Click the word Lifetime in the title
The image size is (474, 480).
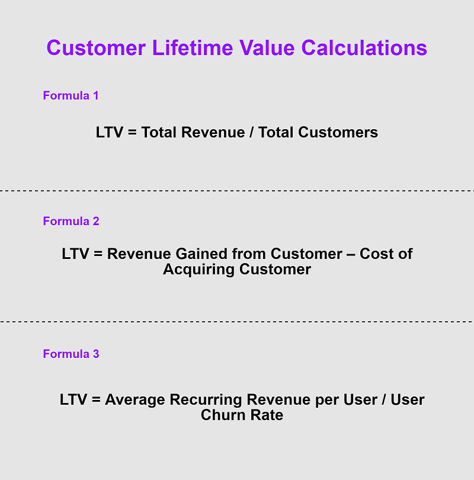(193, 48)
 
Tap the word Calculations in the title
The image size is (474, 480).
(364, 48)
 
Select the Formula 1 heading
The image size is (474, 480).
(71, 95)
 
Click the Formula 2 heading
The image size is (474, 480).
(71, 221)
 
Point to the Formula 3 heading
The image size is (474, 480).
(71, 354)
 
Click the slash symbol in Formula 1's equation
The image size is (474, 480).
(252, 132)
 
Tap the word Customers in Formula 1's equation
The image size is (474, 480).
(338, 132)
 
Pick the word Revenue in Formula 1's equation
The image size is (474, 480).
(213, 132)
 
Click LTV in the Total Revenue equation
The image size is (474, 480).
(109, 132)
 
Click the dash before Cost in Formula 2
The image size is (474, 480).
(351, 254)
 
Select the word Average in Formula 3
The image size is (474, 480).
(135, 399)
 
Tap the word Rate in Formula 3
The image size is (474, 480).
(267, 415)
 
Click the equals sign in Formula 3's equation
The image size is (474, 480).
(96, 400)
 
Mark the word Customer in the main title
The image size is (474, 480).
(96, 48)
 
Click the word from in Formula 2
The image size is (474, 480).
(249, 254)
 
